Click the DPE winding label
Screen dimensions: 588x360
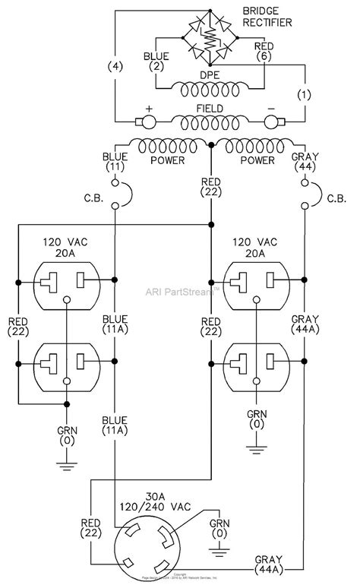[210, 75]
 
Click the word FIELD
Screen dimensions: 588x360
[210, 109]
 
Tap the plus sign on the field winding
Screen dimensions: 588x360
[149, 109]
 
